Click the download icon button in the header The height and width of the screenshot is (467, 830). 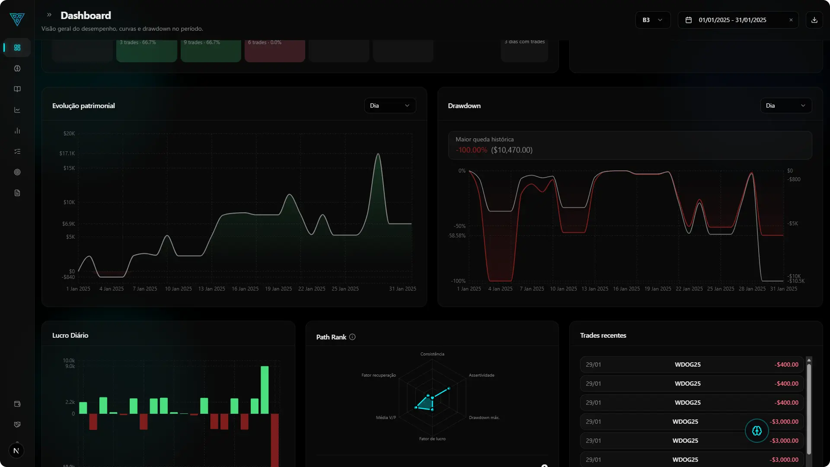click(814, 20)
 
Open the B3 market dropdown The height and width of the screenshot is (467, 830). click(652, 20)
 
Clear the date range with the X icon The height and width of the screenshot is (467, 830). click(791, 20)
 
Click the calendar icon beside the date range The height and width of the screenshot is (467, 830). click(689, 20)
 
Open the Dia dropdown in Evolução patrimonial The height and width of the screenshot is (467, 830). click(389, 106)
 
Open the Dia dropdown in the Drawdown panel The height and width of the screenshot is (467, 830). click(785, 106)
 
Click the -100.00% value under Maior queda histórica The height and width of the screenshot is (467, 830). click(471, 150)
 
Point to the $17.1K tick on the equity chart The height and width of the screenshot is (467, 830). click(67, 154)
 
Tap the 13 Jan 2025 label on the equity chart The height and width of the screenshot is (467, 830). click(211, 289)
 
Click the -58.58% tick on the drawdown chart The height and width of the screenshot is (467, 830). click(457, 236)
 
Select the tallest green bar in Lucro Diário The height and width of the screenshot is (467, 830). click(265, 389)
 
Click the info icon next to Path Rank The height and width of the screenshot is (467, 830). click(352, 337)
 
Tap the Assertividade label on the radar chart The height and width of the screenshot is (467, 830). click(481, 375)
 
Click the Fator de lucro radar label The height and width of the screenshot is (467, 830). click(432, 439)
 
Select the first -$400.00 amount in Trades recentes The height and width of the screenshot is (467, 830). click(786, 365)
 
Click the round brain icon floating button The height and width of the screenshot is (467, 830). click(757, 431)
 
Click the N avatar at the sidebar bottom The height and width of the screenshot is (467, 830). click(16, 451)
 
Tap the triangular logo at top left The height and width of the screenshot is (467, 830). click(17, 19)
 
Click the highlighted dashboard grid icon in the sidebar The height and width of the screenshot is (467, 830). click(17, 48)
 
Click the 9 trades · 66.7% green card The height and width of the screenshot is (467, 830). click(211, 51)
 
